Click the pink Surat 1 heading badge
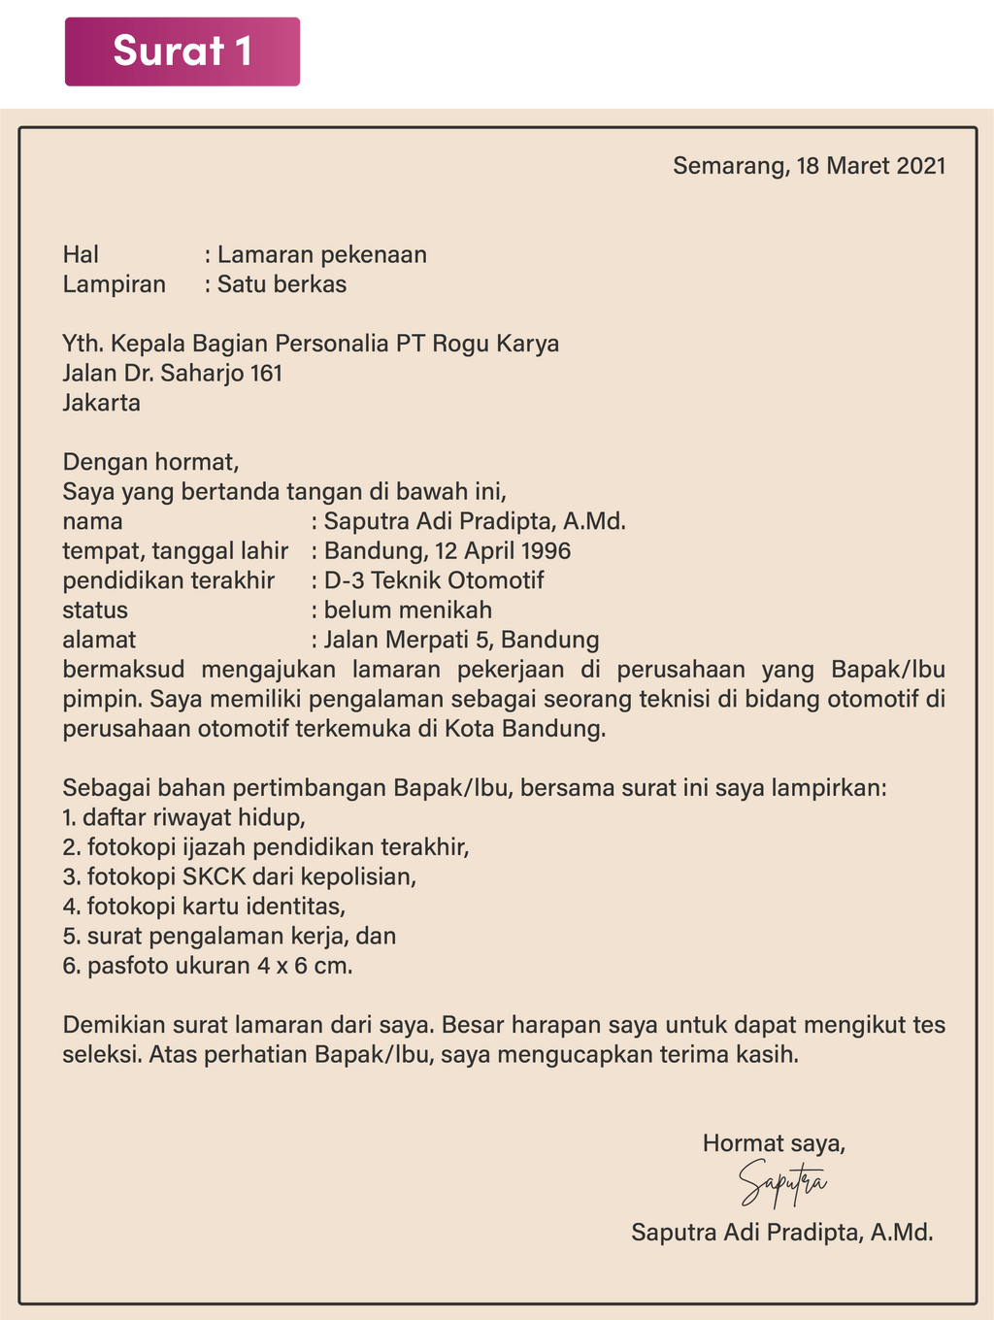(182, 50)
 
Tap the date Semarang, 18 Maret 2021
(809, 166)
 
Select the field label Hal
(82, 255)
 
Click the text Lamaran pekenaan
(321, 255)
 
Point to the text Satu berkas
(282, 285)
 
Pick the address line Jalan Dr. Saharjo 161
(173, 374)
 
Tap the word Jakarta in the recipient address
(102, 403)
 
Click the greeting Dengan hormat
(150, 462)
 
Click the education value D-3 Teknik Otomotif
(434, 581)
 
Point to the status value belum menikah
(408, 610)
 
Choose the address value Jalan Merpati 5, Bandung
(461, 641)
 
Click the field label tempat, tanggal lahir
(176, 551)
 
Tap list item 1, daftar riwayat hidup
(184, 817)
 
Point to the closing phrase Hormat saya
(774, 1143)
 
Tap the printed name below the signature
(781, 1233)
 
